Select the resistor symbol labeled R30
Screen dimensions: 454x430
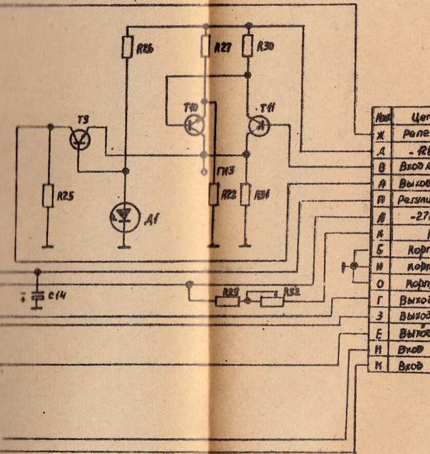click(248, 47)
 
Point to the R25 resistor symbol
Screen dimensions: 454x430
click(47, 195)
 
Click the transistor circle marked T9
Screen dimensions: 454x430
click(80, 139)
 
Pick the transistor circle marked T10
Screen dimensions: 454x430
click(194, 124)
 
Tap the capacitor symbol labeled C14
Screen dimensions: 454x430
click(38, 295)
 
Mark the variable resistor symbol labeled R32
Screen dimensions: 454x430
click(270, 301)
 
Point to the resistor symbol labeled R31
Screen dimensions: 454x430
click(246, 194)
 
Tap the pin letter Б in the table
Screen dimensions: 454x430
click(381, 250)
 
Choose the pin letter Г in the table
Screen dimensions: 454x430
click(381, 299)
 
